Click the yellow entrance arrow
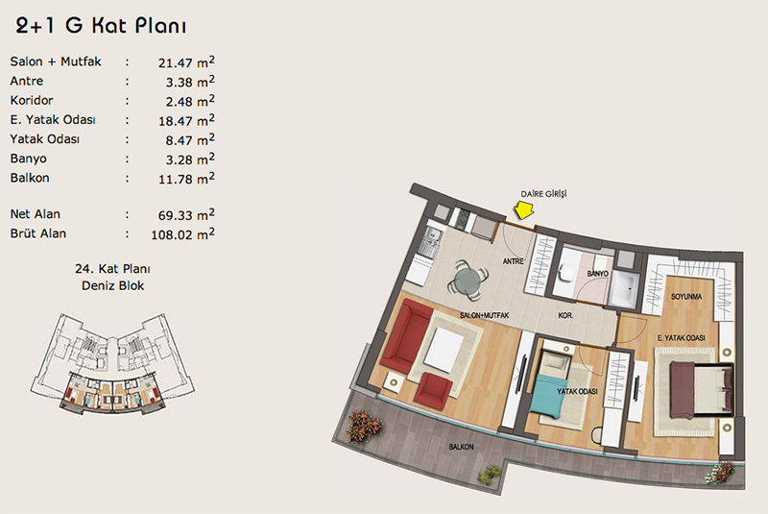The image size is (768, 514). pyautogui.click(x=524, y=209)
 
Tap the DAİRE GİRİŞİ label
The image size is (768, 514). pyautogui.click(x=543, y=194)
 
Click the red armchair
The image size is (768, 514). pyautogui.click(x=433, y=393)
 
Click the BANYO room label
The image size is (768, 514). pyautogui.click(x=597, y=274)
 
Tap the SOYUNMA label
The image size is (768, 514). pyautogui.click(x=686, y=297)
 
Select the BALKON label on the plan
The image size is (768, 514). pyautogui.click(x=462, y=447)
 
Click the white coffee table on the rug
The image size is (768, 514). pyautogui.click(x=444, y=348)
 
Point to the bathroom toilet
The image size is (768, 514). pyautogui.click(x=567, y=273)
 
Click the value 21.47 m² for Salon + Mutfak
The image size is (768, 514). pyautogui.click(x=186, y=62)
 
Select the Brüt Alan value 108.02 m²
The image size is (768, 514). pyautogui.click(x=182, y=234)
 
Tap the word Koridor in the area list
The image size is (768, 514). pyautogui.click(x=32, y=101)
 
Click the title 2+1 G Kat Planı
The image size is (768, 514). pyautogui.click(x=101, y=26)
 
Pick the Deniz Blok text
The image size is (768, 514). pyautogui.click(x=112, y=285)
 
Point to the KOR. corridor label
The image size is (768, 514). pyautogui.click(x=565, y=315)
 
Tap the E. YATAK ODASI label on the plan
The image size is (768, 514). pyautogui.click(x=681, y=338)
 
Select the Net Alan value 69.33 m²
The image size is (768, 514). pyautogui.click(x=186, y=214)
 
